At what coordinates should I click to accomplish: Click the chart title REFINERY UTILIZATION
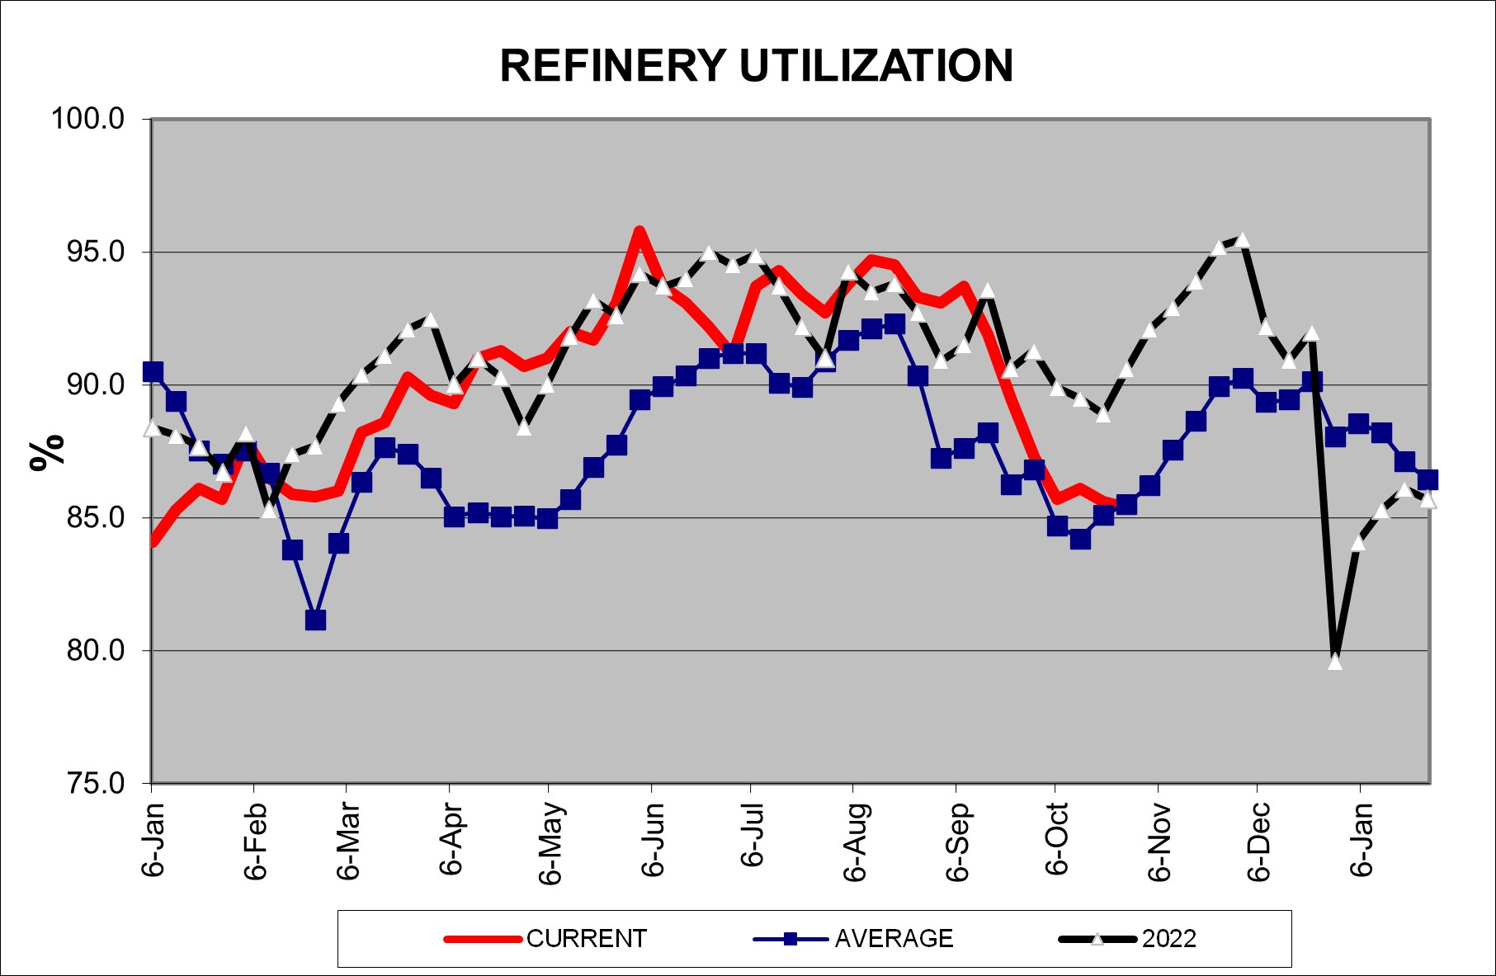coord(756,66)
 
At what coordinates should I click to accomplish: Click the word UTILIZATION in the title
coord(876,66)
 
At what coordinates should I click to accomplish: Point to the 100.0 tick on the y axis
coord(88,119)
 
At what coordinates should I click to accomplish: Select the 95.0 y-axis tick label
coord(88,252)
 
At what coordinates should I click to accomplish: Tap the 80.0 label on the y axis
coord(88,650)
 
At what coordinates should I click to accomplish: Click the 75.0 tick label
coord(88,783)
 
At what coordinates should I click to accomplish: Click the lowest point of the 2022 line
coord(1335,661)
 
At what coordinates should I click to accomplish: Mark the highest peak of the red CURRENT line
coord(639,231)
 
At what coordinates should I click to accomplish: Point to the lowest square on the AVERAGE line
coord(314,620)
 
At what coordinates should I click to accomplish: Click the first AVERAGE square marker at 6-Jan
coord(153,371)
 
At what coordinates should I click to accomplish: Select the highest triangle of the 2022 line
coord(1242,240)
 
